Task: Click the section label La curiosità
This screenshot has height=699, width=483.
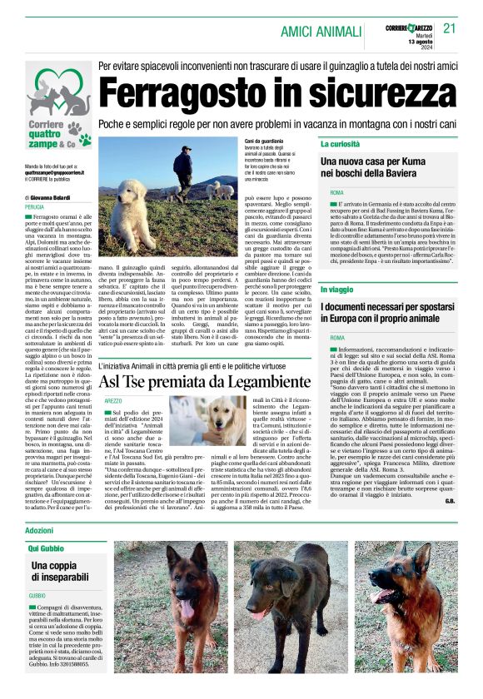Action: [342, 144]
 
